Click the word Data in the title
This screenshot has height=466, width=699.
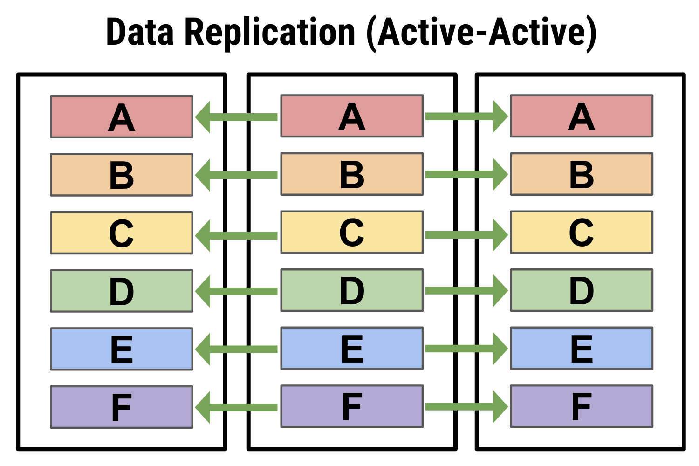coord(140,32)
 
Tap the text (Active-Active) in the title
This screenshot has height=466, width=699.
coord(481,34)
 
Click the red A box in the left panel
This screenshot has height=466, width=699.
coord(122,117)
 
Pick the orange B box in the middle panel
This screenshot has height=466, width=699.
coord(352,174)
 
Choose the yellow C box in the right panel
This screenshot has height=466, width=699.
coord(582,232)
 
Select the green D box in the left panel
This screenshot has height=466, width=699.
coord(122,291)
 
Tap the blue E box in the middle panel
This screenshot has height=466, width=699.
coord(352,348)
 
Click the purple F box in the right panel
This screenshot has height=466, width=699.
coord(582,406)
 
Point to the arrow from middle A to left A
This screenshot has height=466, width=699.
coord(236,117)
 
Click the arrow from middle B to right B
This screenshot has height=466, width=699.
coord(467,174)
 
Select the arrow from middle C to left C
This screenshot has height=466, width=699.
coord(236,236)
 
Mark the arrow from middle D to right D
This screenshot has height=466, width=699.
coord(467,291)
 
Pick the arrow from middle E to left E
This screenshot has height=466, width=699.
coord(236,349)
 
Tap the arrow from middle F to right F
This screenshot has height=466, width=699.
coord(467,407)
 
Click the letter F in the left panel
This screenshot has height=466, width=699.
coord(122,407)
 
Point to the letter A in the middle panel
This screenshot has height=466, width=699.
coord(352,116)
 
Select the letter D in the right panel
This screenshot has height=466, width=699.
coord(582,291)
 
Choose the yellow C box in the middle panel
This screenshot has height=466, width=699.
coord(352,232)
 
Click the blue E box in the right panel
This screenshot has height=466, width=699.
coord(582,348)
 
